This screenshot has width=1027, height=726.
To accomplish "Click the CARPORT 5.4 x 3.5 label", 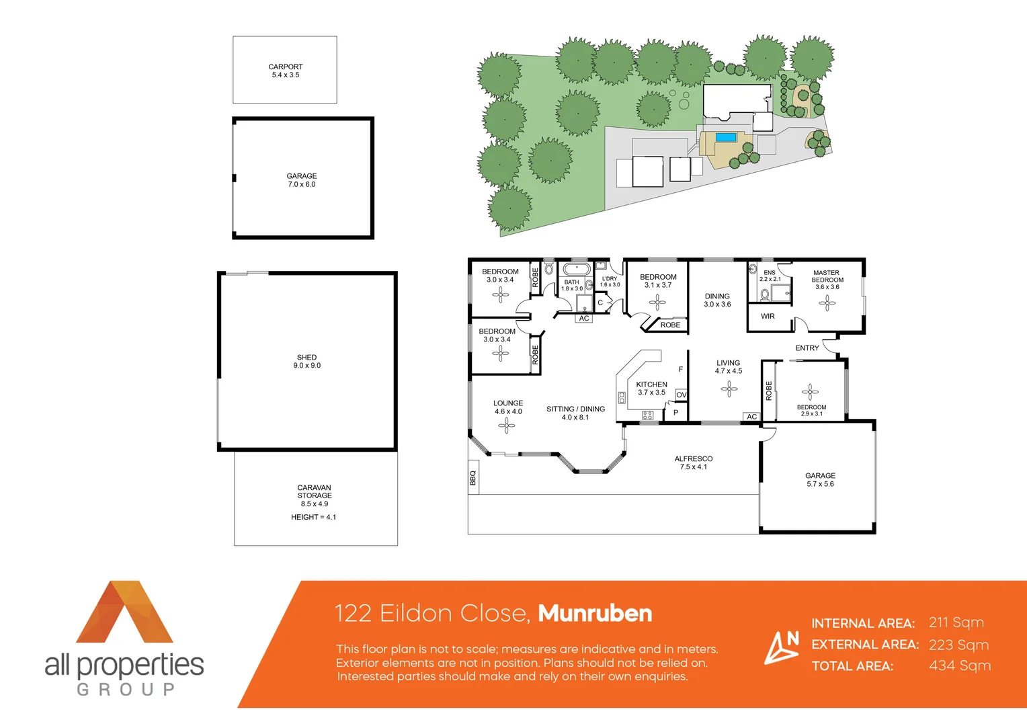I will click(x=285, y=71).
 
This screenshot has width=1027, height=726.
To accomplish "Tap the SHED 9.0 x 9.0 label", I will click(x=306, y=362).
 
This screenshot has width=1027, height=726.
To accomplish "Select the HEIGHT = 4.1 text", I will click(x=313, y=517).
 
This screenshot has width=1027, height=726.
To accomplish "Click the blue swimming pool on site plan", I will click(x=725, y=137).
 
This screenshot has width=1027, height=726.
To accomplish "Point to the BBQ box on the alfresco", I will click(x=473, y=477).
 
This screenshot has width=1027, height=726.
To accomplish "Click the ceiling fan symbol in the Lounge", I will click(x=507, y=425).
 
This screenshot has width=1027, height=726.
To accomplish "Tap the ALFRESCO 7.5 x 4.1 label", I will click(x=693, y=462).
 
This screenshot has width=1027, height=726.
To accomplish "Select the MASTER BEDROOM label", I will click(x=827, y=277).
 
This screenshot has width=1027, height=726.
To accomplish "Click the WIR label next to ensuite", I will click(x=768, y=316).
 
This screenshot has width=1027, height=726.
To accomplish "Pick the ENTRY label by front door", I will click(x=807, y=348).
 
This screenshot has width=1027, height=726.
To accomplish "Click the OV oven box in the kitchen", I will click(x=681, y=395).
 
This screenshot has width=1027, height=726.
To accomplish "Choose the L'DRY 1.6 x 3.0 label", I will click(x=610, y=282).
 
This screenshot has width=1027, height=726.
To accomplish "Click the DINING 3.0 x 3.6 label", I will click(x=717, y=300).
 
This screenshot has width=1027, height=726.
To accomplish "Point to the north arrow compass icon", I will click(x=782, y=647).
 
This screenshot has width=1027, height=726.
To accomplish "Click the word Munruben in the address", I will click(x=595, y=613).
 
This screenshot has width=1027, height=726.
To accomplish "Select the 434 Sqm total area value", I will click(x=959, y=665).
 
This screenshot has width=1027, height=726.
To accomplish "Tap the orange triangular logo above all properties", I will click(x=124, y=613).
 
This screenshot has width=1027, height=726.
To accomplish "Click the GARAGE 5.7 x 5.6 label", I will click(x=820, y=479).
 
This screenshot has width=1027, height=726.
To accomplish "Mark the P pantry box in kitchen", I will click(x=675, y=412).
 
